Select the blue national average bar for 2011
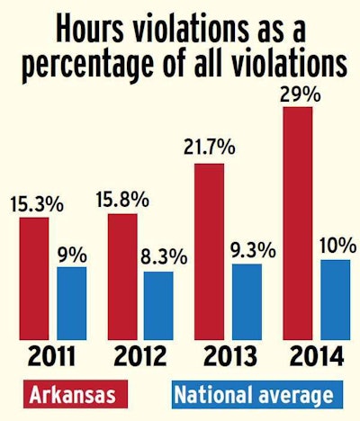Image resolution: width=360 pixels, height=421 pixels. tap(72, 304)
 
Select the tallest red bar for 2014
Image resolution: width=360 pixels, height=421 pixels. tap(297, 224)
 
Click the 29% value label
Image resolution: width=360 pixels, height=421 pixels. tap(297, 92)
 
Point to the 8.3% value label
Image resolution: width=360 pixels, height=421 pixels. tap(163, 257)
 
